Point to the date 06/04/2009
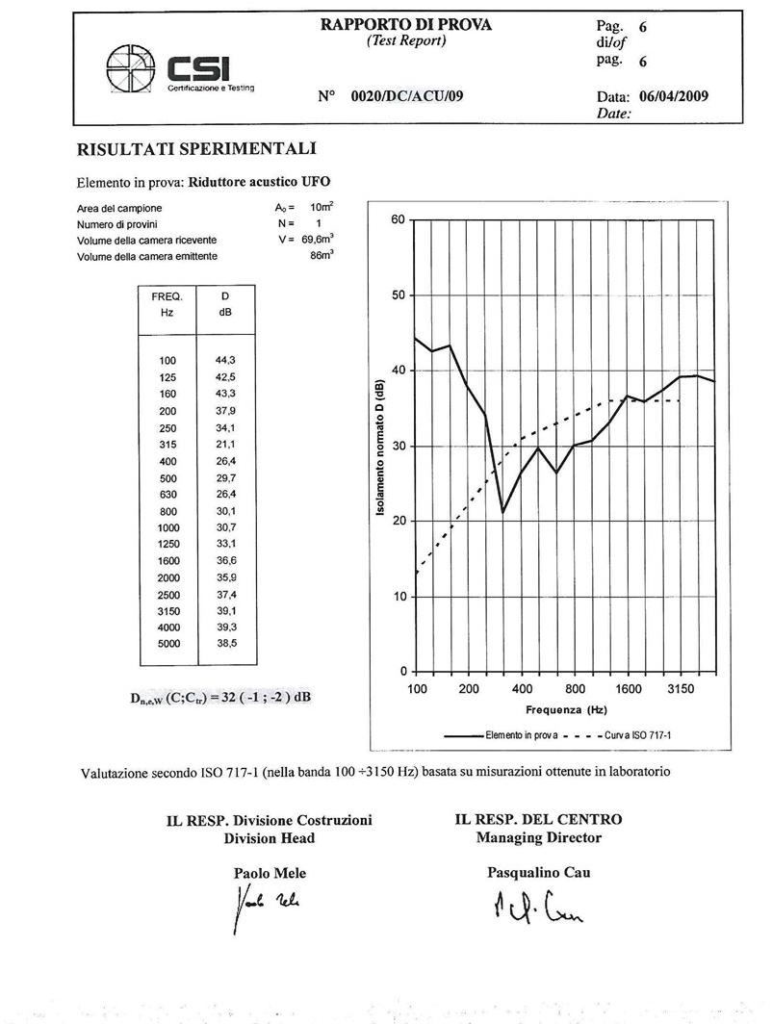pos(673,96)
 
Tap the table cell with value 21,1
pos(225,444)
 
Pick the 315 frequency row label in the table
pos(167,444)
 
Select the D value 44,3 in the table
pos(225,360)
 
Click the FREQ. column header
pos(167,297)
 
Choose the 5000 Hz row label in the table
pos(167,644)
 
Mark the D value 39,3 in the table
pos(225,627)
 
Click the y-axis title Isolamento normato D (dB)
pos(381,446)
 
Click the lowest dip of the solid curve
pos(502,512)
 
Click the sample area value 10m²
pos(321,208)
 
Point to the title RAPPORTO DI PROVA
pos(405,25)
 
